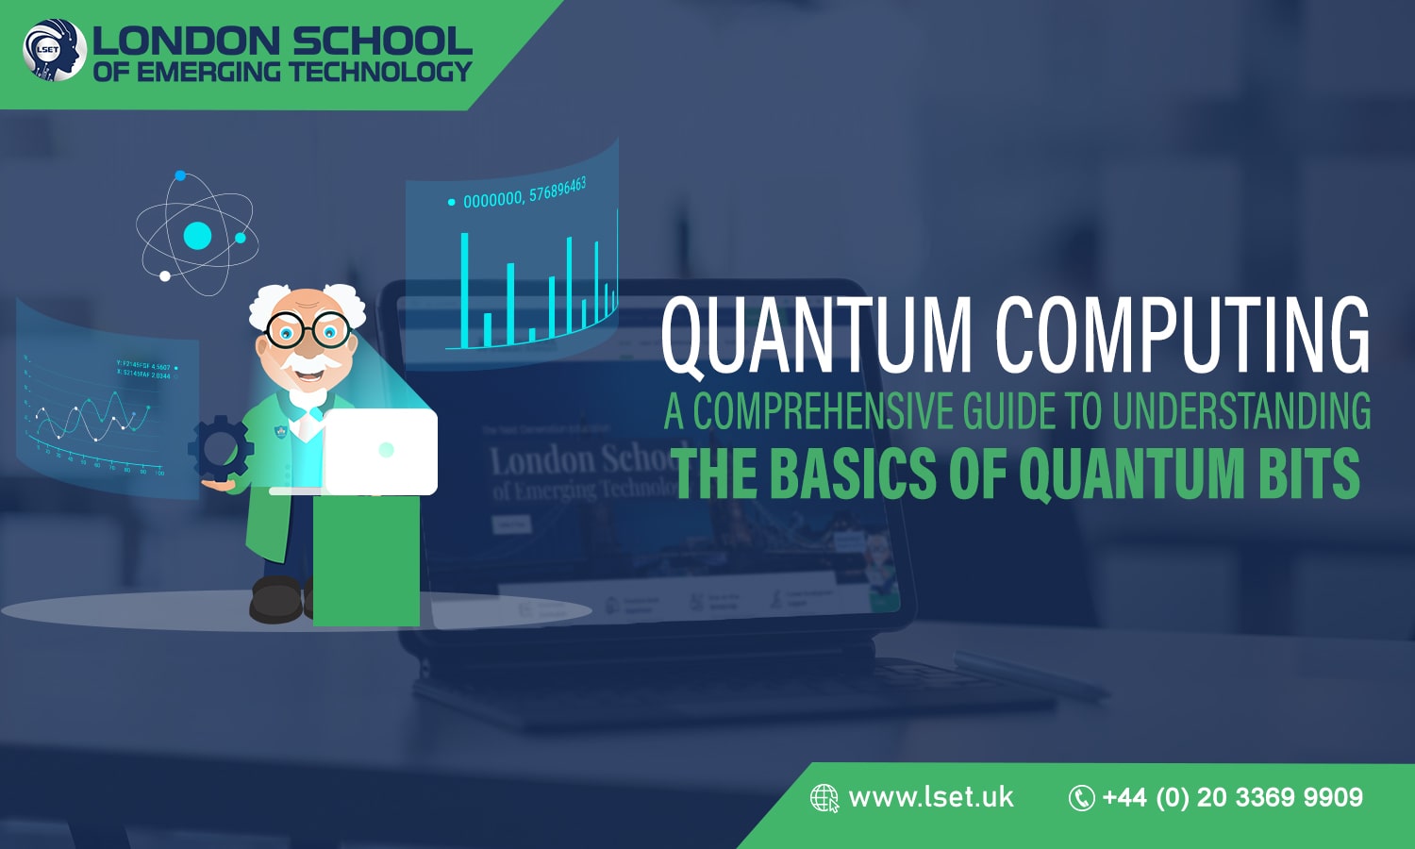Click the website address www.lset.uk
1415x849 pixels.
930,798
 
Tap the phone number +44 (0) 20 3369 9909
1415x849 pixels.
1232,798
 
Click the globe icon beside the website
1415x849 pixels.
824,798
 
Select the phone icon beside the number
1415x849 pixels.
1080,798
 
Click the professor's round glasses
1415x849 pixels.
308,330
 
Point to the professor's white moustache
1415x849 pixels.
308,361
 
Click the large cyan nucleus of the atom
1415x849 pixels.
197,236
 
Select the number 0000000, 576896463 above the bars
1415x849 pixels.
524,194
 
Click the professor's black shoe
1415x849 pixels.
275,599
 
